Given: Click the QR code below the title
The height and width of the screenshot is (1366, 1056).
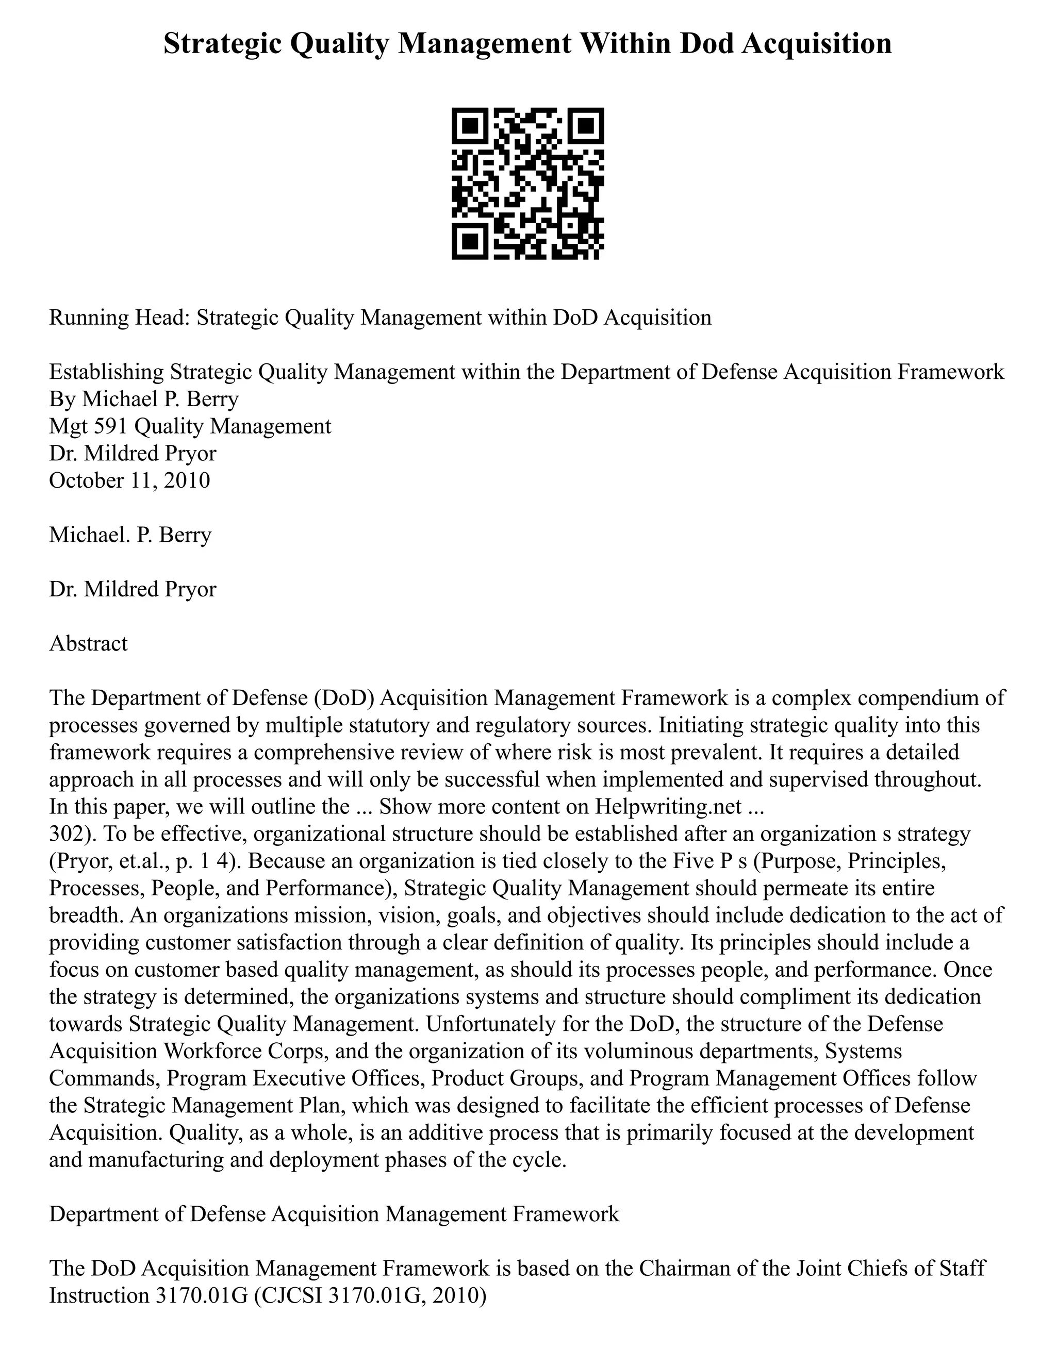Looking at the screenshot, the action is (x=527, y=184).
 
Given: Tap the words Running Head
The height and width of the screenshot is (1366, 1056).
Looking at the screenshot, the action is (x=119, y=318).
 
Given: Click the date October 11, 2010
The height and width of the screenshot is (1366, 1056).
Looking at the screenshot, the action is (x=129, y=480).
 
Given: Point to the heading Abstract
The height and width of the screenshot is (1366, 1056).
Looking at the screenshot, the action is (x=88, y=644).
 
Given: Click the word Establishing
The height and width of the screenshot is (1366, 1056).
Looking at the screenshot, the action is (x=107, y=372).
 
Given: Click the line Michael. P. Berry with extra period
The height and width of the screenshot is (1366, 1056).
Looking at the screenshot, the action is (x=130, y=535).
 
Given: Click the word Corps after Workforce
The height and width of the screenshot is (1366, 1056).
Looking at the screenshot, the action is (x=296, y=1051).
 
